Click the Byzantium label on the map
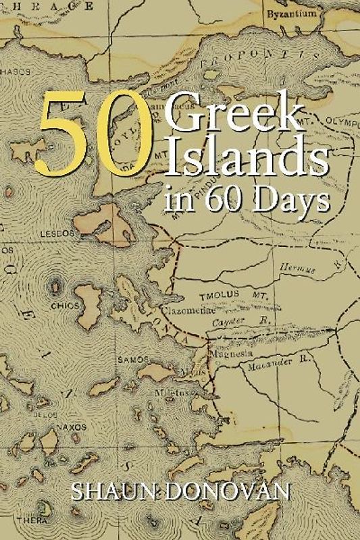tap(288, 13)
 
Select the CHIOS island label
tap(65, 306)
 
